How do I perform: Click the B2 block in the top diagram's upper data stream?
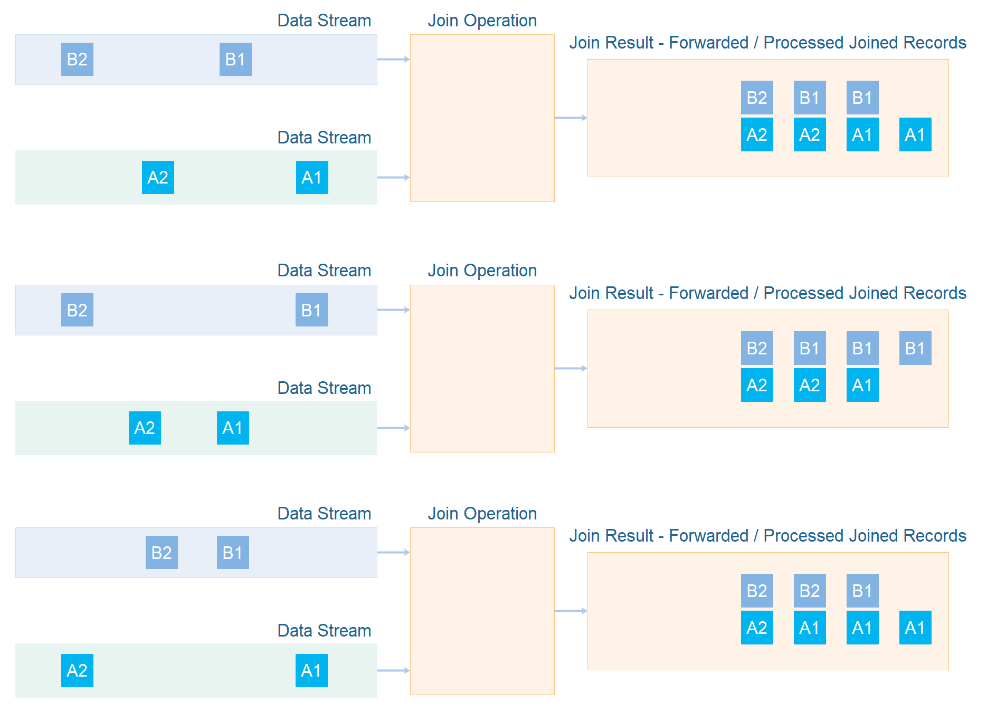tap(77, 59)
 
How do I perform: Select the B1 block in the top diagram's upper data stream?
tap(235, 59)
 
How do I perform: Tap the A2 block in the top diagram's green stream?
tap(158, 177)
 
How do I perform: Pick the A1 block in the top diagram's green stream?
tap(312, 177)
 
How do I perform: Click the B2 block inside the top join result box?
tap(757, 98)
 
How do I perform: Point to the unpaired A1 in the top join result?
tap(915, 134)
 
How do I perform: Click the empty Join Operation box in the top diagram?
tap(482, 118)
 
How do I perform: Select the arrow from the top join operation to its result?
tap(571, 118)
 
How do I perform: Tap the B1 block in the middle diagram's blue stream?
tap(311, 310)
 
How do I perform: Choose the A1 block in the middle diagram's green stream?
tap(233, 428)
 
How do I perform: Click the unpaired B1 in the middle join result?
tap(915, 348)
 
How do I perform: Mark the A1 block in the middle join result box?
tap(862, 385)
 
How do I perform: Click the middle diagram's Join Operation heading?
tap(482, 271)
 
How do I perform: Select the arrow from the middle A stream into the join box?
tap(393, 428)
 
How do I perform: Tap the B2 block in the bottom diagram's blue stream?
tap(162, 552)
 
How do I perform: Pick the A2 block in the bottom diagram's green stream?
tap(77, 670)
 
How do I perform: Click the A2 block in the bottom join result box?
tap(757, 628)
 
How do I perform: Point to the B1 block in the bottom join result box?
tap(862, 591)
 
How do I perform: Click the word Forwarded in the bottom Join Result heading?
tap(708, 536)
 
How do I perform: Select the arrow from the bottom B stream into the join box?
tap(393, 552)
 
